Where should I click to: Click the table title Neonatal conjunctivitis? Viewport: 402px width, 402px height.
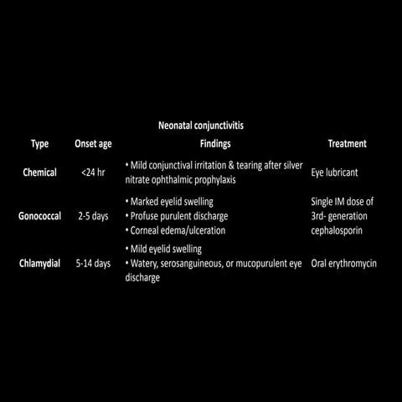pyautogui.click(x=201, y=126)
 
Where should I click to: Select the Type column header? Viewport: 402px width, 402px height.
pyautogui.click(x=39, y=143)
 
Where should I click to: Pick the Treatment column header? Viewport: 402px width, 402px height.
pyautogui.click(x=348, y=143)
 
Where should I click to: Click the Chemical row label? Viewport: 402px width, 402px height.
pyautogui.click(x=40, y=173)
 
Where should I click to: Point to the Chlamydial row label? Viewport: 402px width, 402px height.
pyautogui.click(x=40, y=264)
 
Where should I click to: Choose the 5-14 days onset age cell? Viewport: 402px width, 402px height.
pyautogui.click(x=92, y=264)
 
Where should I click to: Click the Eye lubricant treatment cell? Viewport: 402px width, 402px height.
pyautogui.click(x=337, y=173)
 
